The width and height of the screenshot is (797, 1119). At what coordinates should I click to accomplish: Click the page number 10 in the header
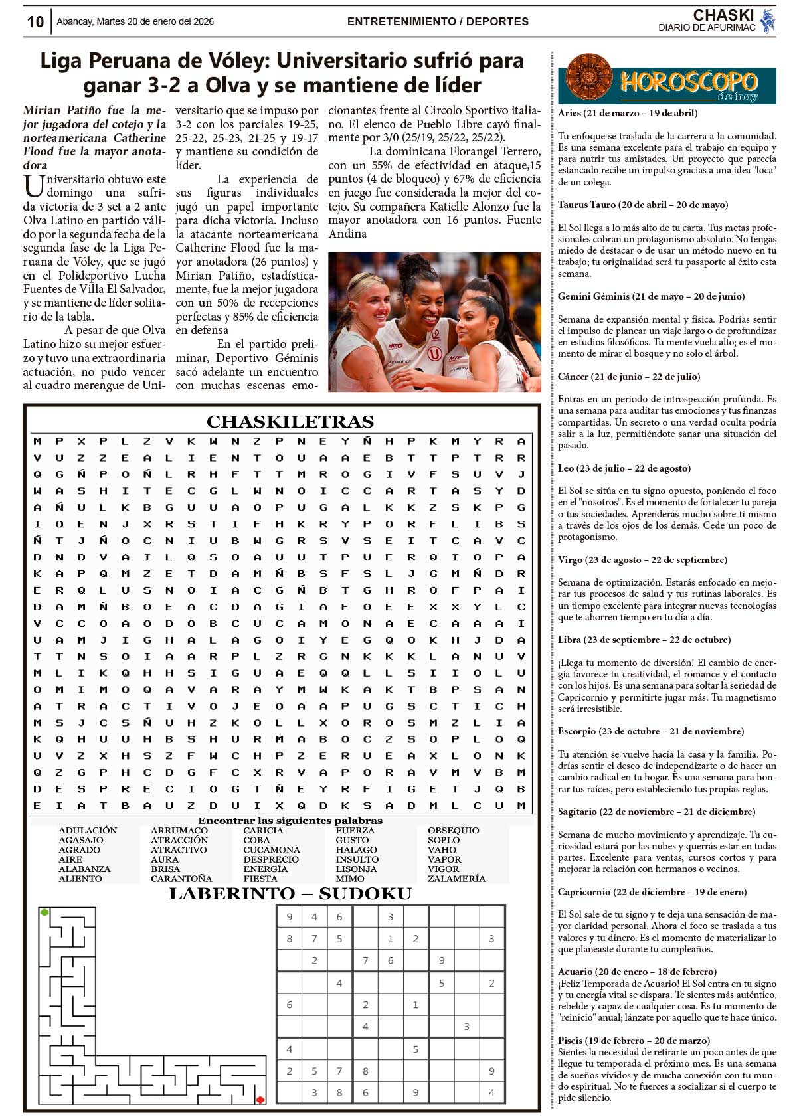coord(35,22)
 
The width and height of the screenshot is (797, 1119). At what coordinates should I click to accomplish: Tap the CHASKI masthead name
coord(723,15)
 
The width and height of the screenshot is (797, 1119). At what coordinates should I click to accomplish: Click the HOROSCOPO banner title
coord(688,82)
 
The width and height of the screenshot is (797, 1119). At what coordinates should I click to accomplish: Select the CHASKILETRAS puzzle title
coord(290,422)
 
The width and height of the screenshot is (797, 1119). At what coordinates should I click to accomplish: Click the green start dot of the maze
coord(44,912)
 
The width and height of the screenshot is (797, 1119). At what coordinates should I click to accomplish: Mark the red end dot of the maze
coord(260,1100)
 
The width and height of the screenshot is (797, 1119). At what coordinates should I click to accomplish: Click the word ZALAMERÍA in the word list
coord(456,879)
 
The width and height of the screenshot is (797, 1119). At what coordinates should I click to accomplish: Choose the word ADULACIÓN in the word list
coord(88,831)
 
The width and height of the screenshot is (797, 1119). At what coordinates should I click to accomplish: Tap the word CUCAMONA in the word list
coord(272,850)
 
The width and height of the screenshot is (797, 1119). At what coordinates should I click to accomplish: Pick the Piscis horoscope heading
coord(634,1041)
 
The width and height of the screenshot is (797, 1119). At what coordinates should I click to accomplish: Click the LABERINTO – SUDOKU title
coord(290,894)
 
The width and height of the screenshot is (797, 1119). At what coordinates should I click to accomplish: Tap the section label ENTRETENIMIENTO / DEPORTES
coord(438,21)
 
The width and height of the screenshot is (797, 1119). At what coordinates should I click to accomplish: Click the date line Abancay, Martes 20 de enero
coord(135,21)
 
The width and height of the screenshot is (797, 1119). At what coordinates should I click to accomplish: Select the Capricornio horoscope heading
coord(652,892)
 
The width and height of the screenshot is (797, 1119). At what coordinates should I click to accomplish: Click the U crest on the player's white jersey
coord(434,354)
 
